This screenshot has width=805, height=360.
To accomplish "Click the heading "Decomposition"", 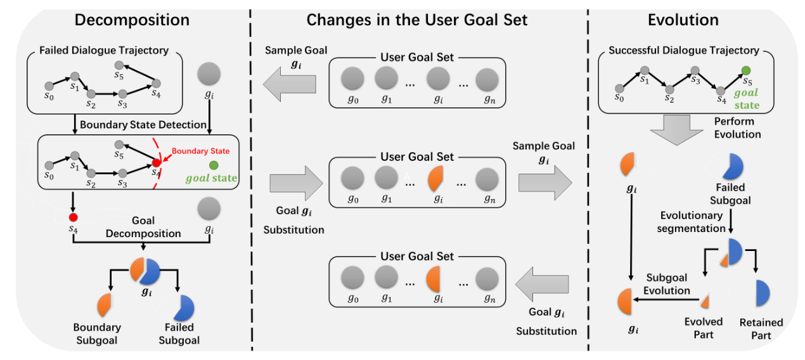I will [131, 20].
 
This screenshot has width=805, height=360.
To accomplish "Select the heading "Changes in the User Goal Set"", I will [416, 20].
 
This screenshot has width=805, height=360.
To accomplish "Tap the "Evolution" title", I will [683, 20].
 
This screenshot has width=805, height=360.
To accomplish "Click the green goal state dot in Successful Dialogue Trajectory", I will [746, 70].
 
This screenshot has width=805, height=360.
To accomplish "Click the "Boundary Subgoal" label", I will [97, 333].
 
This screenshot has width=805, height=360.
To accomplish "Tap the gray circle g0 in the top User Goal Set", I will [352, 80].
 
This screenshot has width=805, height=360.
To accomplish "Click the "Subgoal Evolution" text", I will [667, 285].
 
